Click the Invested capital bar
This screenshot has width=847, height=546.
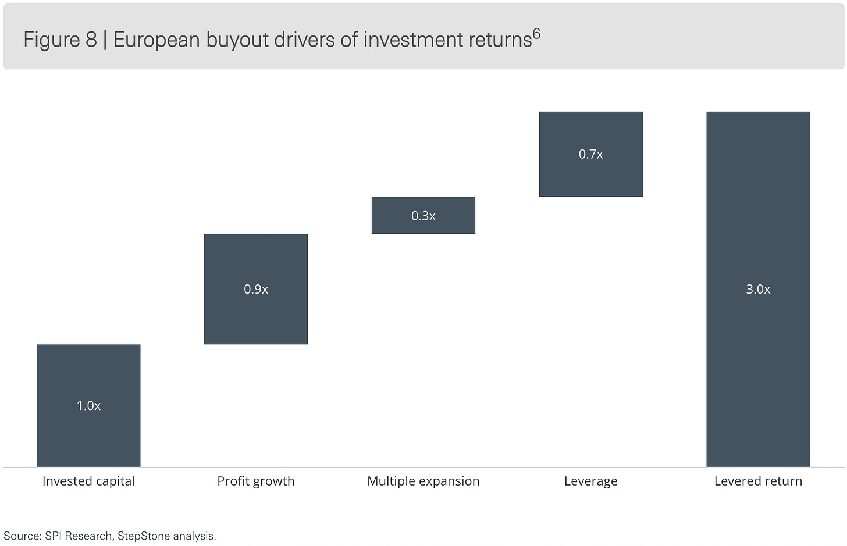coord(88,405)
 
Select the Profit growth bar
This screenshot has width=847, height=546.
coord(256,289)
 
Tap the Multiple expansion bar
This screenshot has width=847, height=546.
coord(424,215)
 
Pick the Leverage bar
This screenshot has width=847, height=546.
coord(591,154)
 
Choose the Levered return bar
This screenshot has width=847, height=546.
coord(759,289)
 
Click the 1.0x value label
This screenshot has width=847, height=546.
coord(88,406)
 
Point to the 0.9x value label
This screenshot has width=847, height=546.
coord(256,290)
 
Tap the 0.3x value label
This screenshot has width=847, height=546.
coord(424,216)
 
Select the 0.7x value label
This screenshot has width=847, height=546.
coord(591,154)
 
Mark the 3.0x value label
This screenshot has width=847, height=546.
coord(759,290)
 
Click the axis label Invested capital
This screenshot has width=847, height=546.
coord(88,481)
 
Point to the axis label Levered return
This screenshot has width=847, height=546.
coord(759,481)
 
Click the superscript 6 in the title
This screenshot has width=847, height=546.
coord(536,34)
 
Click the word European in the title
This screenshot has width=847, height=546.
coord(156,40)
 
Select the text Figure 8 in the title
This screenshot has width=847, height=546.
coord(61,40)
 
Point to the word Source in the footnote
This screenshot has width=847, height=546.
coord(21,536)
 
